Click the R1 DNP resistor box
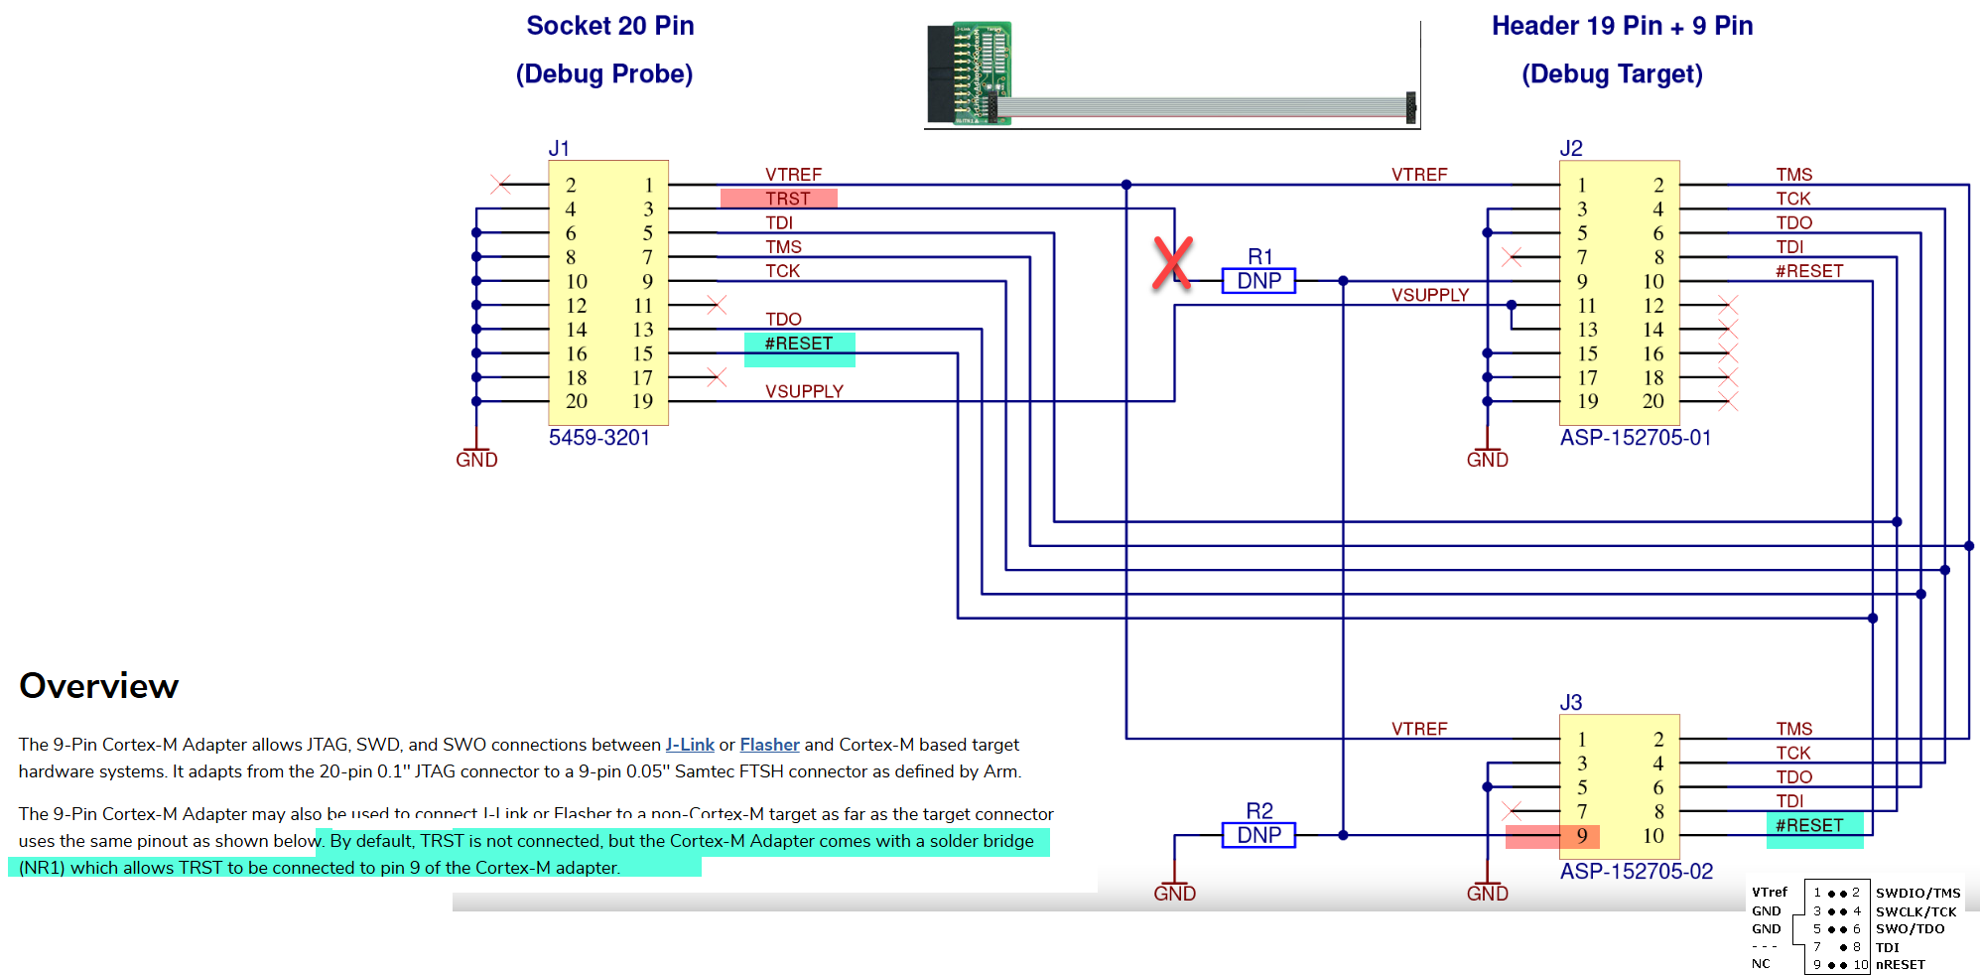(x=1258, y=281)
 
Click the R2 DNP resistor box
(x=1258, y=835)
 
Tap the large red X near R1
(x=1172, y=263)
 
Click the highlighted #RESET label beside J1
(x=799, y=345)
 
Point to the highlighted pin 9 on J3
(x=1581, y=836)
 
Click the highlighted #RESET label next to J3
(x=1809, y=826)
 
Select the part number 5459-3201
(x=598, y=438)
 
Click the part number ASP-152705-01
(x=1635, y=438)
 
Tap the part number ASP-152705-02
(x=1636, y=872)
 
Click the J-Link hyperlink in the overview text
(x=689, y=745)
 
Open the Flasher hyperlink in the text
(x=769, y=745)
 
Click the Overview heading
(x=98, y=686)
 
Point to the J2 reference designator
(x=1570, y=149)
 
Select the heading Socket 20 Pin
(x=609, y=26)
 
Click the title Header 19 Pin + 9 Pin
(x=1622, y=26)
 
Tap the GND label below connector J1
(x=476, y=460)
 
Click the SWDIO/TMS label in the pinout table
(x=1917, y=893)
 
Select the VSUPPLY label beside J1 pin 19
(x=804, y=391)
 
